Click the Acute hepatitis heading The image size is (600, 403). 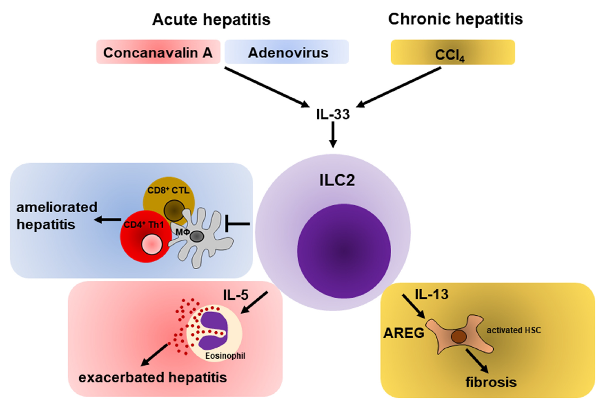coord(211,20)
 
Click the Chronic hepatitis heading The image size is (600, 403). coord(455,20)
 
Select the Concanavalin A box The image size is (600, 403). coord(158,53)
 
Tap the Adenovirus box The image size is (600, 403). coord(288,53)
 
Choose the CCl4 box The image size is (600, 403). coord(453,53)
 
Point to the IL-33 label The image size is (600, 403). coord(332,114)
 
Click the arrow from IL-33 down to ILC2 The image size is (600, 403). coord(333,136)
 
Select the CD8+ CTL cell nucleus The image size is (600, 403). coord(174,211)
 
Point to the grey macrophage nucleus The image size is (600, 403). coord(196,236)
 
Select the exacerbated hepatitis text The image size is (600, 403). coord(153,378)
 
